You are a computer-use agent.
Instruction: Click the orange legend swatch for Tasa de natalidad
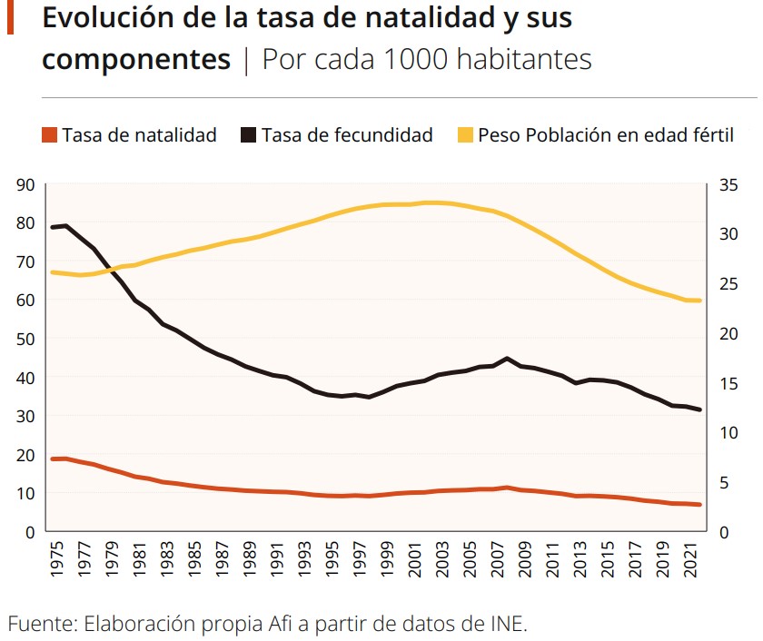(x=49, y=135)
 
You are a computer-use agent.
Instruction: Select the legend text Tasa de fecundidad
(x=346, y=135)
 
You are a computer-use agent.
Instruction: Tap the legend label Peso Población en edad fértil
(x=605, y=135)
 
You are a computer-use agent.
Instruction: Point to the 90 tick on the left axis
(x=25, y=185)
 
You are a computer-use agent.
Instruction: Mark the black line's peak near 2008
(x=507, y=359)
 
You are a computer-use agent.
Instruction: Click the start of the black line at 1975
(x=53, y=227)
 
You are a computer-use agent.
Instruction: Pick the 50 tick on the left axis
(x=25, y=339)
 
